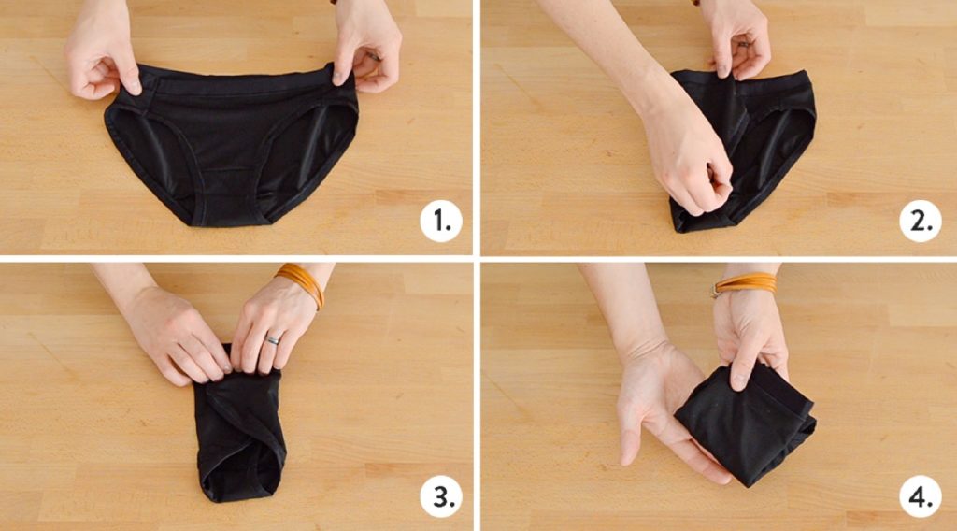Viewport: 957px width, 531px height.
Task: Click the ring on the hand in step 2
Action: click(x=745, y=43)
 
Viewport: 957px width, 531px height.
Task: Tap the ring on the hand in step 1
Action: click(x=373, y=57)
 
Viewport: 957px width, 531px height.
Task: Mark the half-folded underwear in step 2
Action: click(x=748, y=140)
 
